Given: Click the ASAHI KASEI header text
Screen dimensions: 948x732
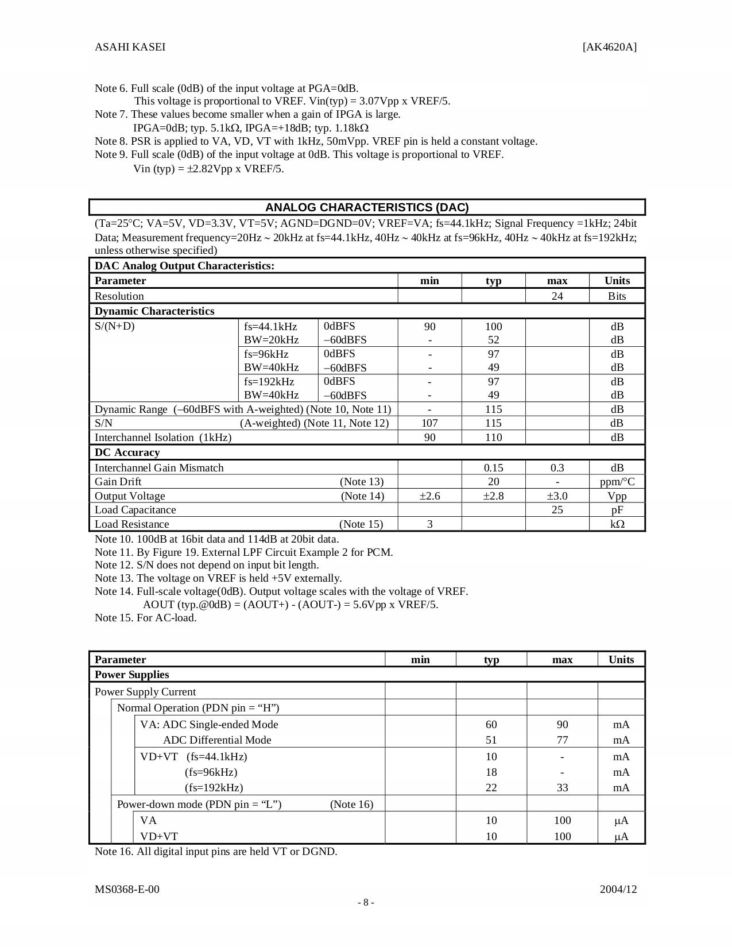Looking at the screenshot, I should (x=130, y=47).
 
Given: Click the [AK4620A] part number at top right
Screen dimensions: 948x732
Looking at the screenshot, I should (x=609, y=47).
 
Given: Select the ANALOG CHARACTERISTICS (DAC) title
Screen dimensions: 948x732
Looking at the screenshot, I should (x=367, y=207).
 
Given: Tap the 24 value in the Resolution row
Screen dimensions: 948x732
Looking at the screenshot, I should (x=557, y=296).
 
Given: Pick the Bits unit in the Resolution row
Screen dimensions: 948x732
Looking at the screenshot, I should (x=617, y=296).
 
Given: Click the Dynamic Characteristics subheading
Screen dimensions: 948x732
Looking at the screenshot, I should (x=154, y=311).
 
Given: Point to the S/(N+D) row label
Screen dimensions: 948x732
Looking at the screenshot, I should (x=115, y=327).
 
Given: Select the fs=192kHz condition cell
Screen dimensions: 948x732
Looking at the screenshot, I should (x=269, y=382).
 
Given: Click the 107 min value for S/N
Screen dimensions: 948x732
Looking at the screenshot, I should (x=429, y=423).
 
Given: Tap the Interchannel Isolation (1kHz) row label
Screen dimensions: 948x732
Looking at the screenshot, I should (x=163, y=438).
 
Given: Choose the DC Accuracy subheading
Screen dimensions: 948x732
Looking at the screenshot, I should (x=127, y=452).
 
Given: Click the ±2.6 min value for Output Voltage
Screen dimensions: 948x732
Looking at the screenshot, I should (x=429, y=496).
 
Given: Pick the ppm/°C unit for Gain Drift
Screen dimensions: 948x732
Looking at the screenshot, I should (x=617, y=482).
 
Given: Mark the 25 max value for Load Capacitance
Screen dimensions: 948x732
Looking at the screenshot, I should (x=557, y=510).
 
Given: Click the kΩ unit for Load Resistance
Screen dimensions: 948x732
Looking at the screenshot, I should (x=617, y=524).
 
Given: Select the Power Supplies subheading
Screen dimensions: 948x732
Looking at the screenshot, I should (x=131, y=675).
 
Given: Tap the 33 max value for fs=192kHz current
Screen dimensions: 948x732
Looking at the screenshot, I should (x=562, y=788).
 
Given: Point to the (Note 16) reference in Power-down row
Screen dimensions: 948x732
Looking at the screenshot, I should (x=351, y=804).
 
